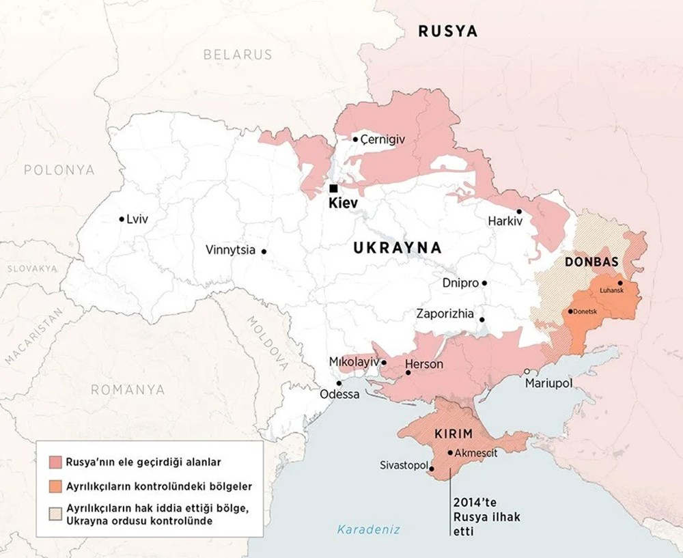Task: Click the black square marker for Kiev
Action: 333,188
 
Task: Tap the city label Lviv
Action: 137,219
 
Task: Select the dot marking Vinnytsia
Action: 264,251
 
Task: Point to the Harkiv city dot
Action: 519,212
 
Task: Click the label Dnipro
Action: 460,283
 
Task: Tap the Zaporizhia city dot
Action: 482,319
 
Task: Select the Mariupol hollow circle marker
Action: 527,372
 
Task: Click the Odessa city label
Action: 339,395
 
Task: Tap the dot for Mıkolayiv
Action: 384,363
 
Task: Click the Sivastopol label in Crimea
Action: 402,465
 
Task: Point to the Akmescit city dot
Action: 449,452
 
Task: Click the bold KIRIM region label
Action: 454,434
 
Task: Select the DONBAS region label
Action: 591,262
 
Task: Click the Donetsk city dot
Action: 570,311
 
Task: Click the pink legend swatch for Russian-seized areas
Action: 55,460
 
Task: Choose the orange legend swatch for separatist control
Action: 55,487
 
